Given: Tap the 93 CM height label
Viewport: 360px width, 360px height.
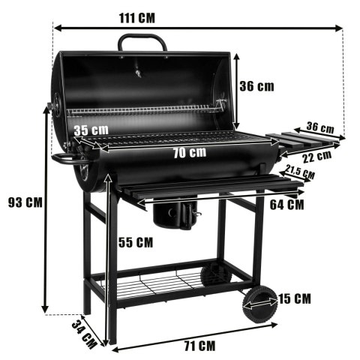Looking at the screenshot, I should click(24, 202).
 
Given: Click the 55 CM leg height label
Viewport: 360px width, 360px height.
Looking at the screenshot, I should click(136, 242).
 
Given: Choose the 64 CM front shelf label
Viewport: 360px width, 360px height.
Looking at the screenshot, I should click(286, 203).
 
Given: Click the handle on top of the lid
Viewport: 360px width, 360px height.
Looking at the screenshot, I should click(142, 41).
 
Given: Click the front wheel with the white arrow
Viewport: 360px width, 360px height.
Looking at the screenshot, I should click(257, 305).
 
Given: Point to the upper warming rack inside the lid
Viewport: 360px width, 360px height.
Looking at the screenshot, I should click(142, 111).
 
